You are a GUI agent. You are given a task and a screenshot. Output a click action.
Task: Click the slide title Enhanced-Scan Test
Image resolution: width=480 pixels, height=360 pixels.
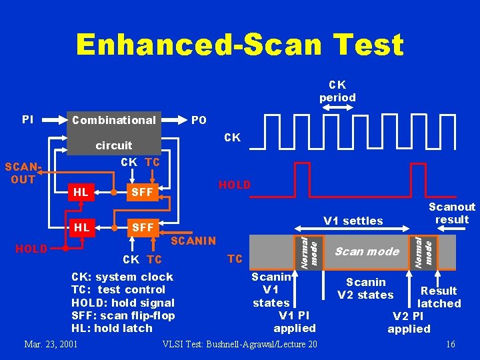tap(240, 45)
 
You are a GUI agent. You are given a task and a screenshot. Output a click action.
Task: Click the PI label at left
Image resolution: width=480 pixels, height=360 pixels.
tap(27, 119)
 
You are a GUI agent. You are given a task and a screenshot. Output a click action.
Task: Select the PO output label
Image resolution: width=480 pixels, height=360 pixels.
tap(199, 121)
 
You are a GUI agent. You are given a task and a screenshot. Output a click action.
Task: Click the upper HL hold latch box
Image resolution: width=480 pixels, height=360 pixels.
tap(81, 192)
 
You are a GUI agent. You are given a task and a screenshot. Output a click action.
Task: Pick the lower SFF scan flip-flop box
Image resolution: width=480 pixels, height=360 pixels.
tap(141, 228)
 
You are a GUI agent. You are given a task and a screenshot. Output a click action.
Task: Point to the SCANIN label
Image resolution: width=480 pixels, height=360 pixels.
tap(193, 241)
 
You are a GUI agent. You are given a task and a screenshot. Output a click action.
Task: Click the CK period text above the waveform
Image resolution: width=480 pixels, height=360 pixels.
tap(337, 91)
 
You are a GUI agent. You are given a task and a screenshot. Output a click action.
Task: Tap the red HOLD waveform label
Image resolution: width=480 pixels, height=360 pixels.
tap(235, 185)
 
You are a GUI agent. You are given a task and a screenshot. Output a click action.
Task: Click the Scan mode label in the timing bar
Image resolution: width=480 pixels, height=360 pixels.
tap(366, 251)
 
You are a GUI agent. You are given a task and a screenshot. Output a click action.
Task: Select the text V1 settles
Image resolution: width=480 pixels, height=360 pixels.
tap(353, 221)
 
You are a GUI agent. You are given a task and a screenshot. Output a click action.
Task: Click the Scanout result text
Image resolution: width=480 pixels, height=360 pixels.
tap(451, 213)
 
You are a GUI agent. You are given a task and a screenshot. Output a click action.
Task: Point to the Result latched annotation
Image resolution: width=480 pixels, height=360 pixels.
tap(438, 297)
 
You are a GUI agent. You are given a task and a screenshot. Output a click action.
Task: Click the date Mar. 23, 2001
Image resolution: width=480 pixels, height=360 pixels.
tap(51, 344)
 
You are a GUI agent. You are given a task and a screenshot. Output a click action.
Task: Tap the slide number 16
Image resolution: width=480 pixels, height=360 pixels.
tap(451, 344)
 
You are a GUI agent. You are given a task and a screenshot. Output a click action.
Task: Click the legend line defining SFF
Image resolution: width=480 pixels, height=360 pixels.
tap(123, 315)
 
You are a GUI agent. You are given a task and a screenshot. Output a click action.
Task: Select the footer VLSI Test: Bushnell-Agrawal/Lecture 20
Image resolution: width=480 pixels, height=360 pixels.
tap(240, 344)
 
